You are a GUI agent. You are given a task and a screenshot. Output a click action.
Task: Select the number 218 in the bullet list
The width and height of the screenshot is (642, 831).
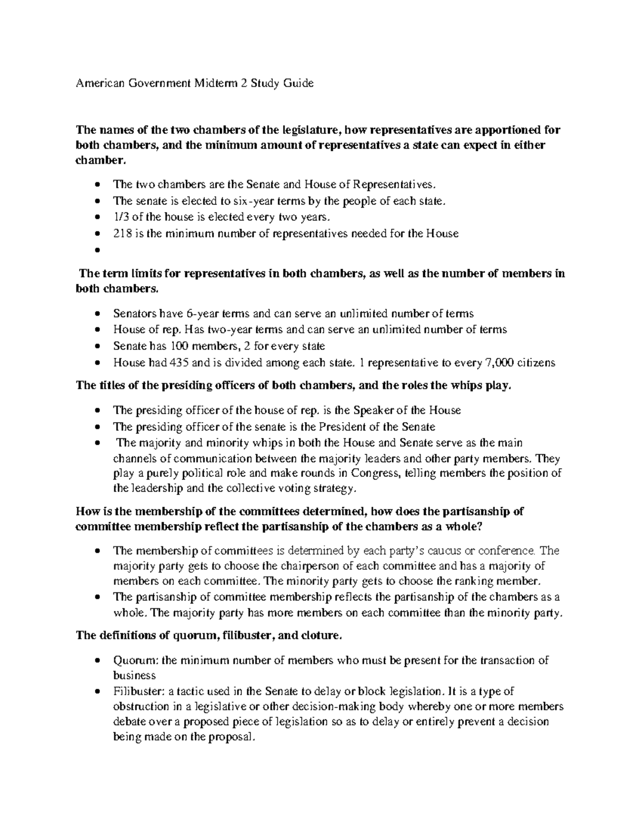[x=121, y=233]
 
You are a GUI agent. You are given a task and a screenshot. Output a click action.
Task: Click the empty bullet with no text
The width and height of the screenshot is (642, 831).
[x=96, y=250]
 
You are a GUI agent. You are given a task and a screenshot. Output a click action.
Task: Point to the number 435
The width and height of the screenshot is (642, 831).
[x=178, y=362]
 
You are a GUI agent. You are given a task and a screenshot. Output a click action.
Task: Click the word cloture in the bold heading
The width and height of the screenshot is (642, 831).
[x=318, y=636]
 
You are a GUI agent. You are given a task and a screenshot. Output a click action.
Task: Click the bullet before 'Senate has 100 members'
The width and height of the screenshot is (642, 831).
[x=96, y=346]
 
